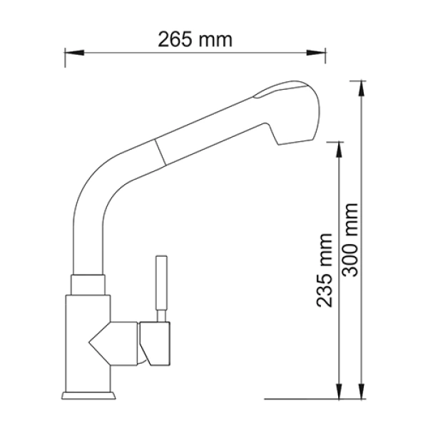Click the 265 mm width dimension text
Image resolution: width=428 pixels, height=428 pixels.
tap(195, 39)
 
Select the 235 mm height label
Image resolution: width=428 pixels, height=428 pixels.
tap(325, 270)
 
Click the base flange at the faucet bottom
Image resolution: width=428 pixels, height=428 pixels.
tap(88, 393)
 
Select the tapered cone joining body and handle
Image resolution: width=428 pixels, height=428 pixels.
tap(114, 341)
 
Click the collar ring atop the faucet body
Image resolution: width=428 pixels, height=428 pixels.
tap(89, 283)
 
